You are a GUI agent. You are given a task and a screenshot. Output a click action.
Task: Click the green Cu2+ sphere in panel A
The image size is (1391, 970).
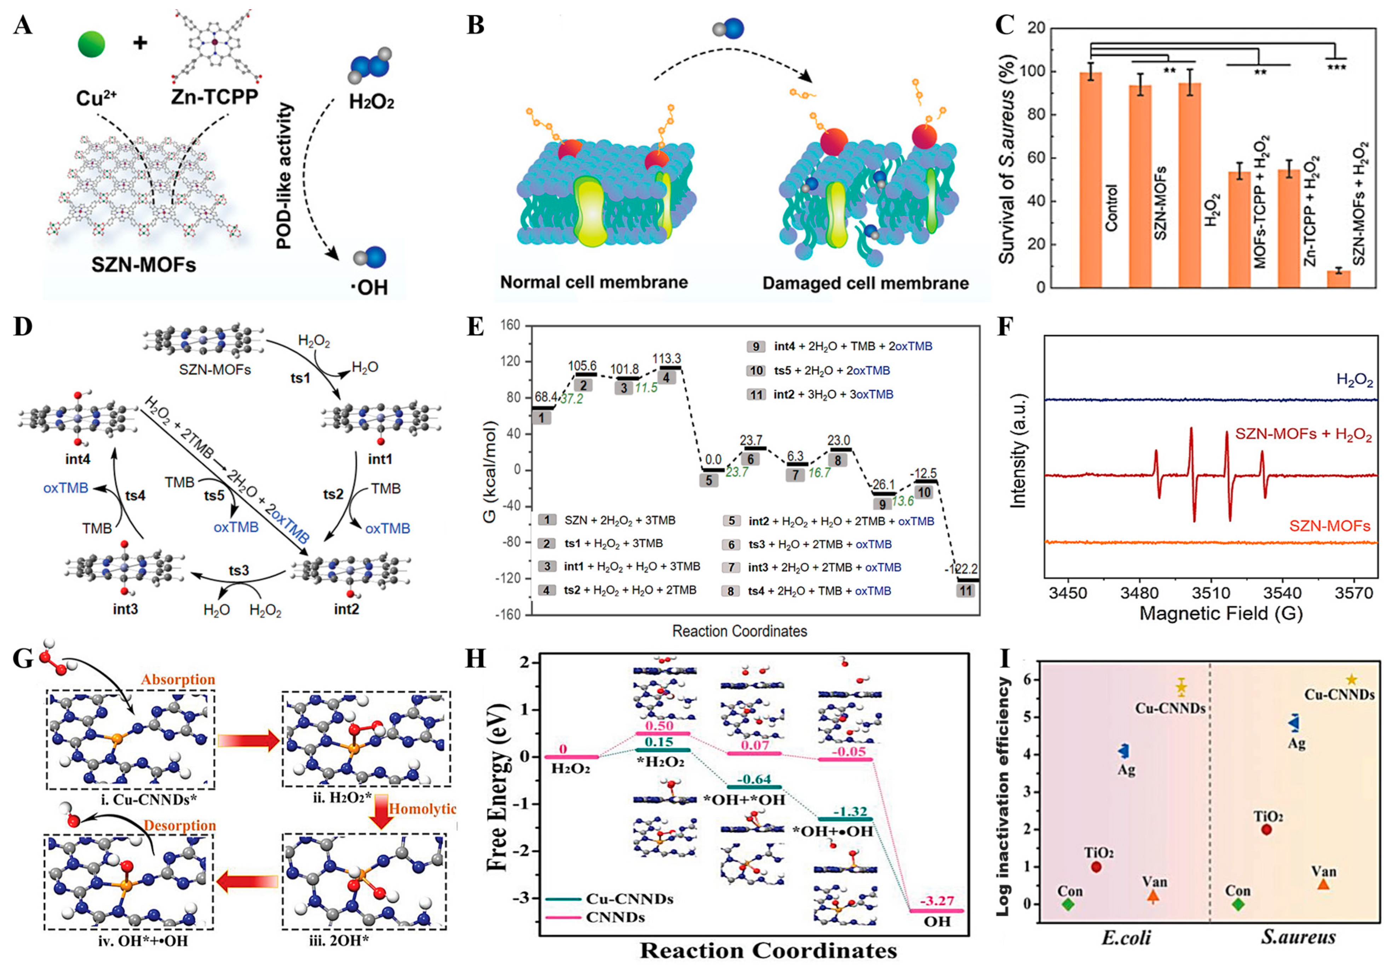tap(92, 44)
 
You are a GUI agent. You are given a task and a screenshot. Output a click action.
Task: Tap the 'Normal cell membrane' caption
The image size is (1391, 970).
tap(594, 282)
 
